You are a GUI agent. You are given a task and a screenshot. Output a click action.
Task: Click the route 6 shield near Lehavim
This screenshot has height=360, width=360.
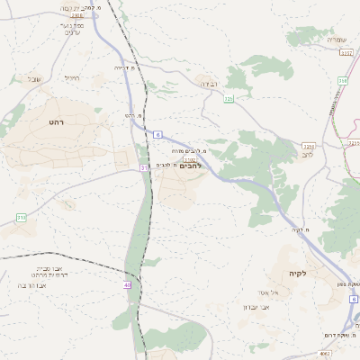tap(157, 134)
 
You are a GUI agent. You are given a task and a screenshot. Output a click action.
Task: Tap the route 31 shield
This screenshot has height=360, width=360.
tap(144, 168)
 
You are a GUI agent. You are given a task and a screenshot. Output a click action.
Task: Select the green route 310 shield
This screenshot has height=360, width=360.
tap(21, 218)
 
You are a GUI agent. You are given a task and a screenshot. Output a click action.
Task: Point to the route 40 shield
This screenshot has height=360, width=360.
tap(128, 285)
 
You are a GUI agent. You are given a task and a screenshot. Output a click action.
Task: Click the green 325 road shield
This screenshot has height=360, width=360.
tap(229, 98)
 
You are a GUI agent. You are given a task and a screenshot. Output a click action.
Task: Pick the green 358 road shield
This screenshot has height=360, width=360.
tap(342, 81)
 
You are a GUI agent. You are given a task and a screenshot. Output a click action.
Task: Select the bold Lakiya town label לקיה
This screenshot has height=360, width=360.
tap(298, 273)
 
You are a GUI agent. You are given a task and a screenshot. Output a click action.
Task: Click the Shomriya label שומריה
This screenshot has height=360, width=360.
tap(337, 40)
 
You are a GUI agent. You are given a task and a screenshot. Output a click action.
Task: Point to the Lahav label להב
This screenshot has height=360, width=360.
tap(306, 154)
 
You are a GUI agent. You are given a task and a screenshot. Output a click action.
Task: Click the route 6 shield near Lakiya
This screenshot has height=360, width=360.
tap(354, 298)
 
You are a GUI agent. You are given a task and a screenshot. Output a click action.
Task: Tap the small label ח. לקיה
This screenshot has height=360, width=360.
tap(301, 230)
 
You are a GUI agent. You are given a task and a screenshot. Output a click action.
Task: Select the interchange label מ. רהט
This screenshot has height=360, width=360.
tap(135, 116)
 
